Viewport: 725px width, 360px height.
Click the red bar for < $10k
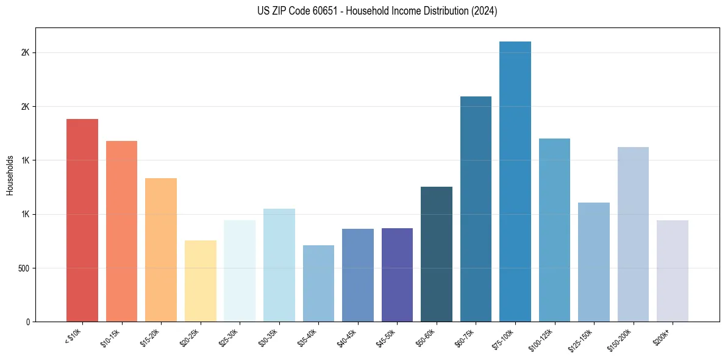click(x=82, y=220)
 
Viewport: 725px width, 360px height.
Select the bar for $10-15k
click(x=121, y=231)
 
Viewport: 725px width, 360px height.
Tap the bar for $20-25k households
click(x=200, y=281)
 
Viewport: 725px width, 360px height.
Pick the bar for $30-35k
click(x=279, y=265)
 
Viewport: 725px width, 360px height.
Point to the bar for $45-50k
click(x=397, y=275)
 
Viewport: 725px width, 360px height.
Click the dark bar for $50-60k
click(x=437, y=254)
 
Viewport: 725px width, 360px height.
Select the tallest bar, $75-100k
click(x=515, y=181)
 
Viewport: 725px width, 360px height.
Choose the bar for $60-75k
click(x=476, y=209)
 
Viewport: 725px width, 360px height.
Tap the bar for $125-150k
click(x=594, y=262)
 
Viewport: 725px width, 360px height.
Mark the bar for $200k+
click(x=673, y=271)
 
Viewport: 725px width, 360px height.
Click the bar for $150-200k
click(x=633, y=234)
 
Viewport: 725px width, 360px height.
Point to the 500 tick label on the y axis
click(x=23, y=268)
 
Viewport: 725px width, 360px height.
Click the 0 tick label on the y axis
click(x=27, y=322)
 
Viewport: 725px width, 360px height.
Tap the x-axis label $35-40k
click(x=309, y=337)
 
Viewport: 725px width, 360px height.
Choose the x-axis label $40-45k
click(x=348, y=337)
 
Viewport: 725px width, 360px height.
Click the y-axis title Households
click(x=10, y=175)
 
